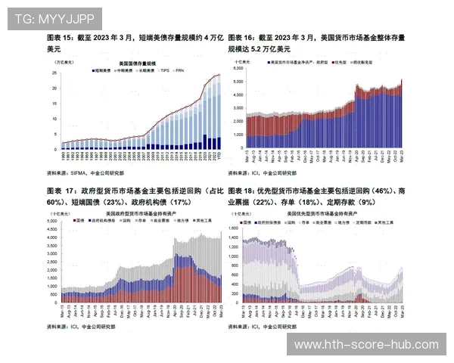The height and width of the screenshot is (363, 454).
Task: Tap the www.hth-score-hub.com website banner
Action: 366,344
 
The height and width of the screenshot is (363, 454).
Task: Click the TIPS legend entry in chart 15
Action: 164,70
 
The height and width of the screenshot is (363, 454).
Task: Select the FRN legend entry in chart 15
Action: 181,70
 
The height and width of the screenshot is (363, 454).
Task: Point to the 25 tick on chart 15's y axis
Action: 55,73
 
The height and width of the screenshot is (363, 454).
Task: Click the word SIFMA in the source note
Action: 80,172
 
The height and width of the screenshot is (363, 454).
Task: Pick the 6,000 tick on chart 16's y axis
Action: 237,67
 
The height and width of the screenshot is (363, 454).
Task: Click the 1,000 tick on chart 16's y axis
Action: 237,135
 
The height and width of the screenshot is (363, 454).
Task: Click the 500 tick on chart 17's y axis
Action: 54,290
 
